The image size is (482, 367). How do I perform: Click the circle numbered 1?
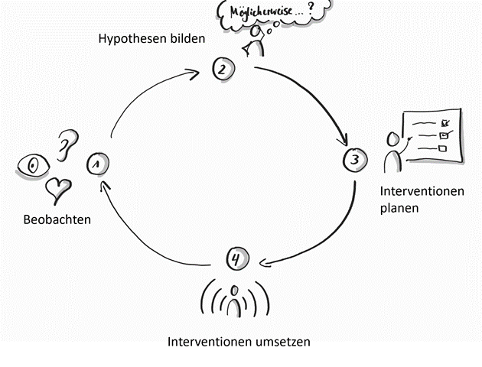pos(97,163)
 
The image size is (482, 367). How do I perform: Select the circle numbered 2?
pos(222,70)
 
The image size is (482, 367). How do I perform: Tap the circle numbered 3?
pos(353,160)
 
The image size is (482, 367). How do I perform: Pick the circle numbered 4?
pos(236,259)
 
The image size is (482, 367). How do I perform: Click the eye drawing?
pos(32,165)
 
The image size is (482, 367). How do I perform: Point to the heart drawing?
pos(58,187)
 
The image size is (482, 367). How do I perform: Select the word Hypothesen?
pos(131,38)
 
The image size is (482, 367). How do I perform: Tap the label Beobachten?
pos(57,219)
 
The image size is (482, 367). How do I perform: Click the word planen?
pos(399,207)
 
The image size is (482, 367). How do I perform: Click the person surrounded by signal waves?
pos(236,300)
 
